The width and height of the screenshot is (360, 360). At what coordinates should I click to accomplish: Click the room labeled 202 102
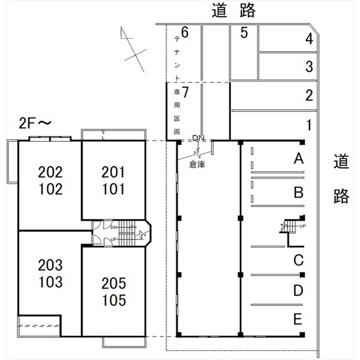pyautogui.click(x=50, y=180)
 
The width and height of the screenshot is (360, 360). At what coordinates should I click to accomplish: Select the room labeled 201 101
pyautogui.click(x=114, y=180)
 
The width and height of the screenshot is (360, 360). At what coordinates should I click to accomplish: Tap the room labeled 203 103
pyautogui.click(x=50, y=272)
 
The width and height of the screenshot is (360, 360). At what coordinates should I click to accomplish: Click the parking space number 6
pyautogui.click(x=184, y=32)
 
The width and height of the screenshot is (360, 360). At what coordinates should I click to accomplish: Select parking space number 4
pyautogui.click(x=309, y=39)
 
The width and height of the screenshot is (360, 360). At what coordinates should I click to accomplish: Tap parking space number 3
pyautogui.click(x=309, y=66)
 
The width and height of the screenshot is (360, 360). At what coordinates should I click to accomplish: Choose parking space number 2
pyautogui.click(x=309, y=95)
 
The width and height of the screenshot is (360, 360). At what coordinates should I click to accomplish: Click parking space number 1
pyautogui.click(x=309, y=124)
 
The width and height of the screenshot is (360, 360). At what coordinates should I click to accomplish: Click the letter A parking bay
pyautogui.click(x=299, y=159)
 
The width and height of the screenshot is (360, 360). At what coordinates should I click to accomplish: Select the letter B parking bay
pyautogui.click(x=299, y=193)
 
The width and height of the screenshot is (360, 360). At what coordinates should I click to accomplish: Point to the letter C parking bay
pyautogui.click(x=299, y=260)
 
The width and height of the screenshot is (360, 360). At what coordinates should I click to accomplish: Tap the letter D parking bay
pyautogui.click(x=299, y=290)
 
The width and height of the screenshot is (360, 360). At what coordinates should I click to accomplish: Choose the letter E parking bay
pyautogui.click(x=299, y=319)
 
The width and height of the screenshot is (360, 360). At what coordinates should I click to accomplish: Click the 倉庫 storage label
pyautogui.click(x=197, y=165)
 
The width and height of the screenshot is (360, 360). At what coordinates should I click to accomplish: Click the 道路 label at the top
pyautogui.click(x=234, y=10)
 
